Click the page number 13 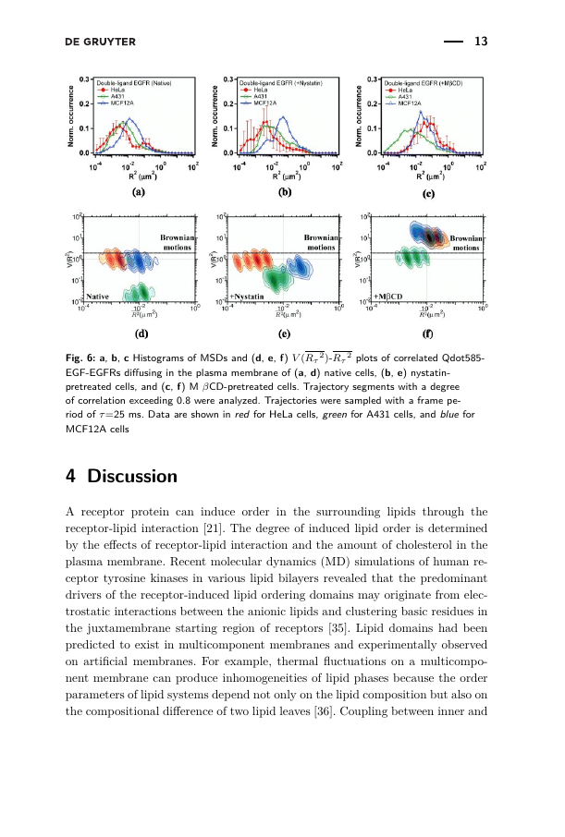click(481, 42)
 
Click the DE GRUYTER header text click(101, 42)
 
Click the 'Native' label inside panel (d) click(100, 296)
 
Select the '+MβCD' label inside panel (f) click(388, 296)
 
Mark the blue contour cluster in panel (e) click(300, 267)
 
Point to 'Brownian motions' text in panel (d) click(177, 243)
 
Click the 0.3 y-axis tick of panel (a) click(83, 79)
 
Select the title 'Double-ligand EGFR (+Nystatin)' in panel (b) click(279, 83)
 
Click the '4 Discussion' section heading click(121, 477)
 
